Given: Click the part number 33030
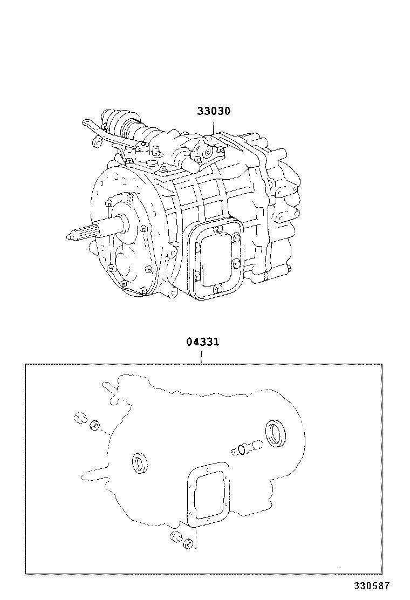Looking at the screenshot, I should (213, 112).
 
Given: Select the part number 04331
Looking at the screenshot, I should (202, 342).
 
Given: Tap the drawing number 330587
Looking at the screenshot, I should (371, 585).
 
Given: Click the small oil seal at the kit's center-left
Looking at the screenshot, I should (141, 463).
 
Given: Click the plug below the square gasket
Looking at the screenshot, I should (175, 537).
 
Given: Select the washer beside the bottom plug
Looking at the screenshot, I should (188, 543).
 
